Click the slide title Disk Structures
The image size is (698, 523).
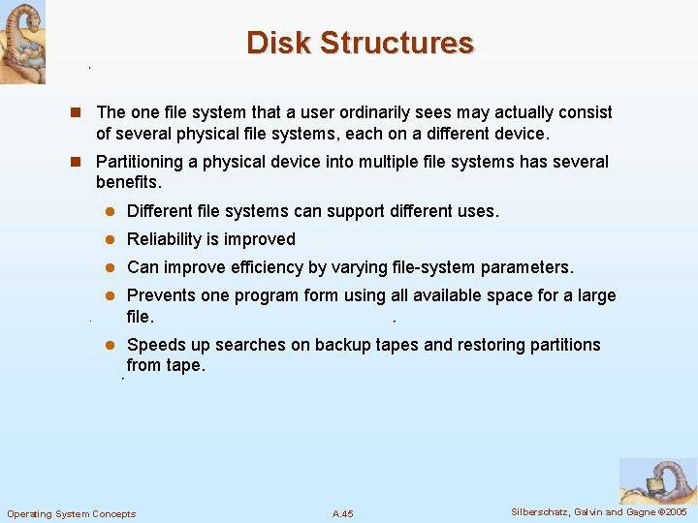click(360, 44)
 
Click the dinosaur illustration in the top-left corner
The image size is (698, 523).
click(22, 43)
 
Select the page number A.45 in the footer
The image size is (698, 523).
click(342, 513)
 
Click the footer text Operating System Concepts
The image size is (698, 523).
click(72, 513)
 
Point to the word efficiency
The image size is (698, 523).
click(291, 267)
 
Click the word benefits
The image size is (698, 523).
click(127, 182)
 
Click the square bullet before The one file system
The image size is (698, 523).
click(83, 113)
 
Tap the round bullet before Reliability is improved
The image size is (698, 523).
click(111, 240)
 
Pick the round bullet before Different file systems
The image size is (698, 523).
click(111, 212)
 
